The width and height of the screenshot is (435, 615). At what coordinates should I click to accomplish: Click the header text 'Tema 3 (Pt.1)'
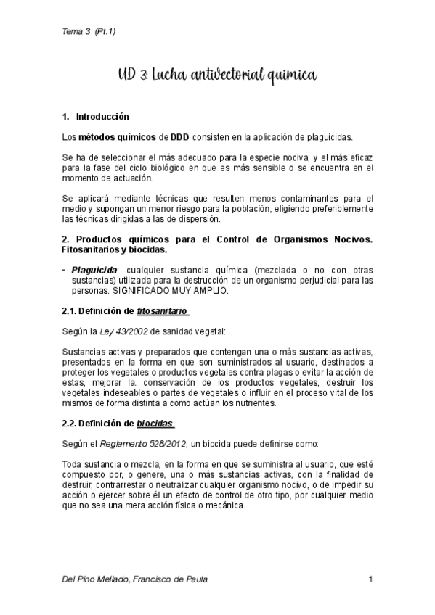[x=89, y=30]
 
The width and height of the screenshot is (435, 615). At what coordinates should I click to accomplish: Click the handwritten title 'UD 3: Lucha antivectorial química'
[x=217, y=75]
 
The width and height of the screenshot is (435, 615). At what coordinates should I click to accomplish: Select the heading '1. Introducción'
[x=95, y=116]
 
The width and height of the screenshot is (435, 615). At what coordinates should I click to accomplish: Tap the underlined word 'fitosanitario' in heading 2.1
[x=163, y=311]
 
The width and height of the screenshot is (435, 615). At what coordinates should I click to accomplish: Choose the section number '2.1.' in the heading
[x=70, y=311]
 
